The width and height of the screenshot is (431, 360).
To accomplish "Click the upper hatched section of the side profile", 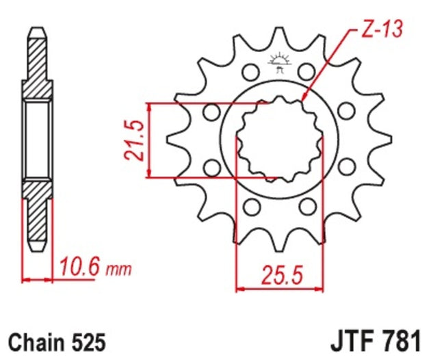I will [x=38, y=65].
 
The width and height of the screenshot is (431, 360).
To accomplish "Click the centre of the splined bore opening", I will [x=278, y=140].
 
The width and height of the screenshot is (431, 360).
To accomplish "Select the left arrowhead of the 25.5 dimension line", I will [x=238, y=289].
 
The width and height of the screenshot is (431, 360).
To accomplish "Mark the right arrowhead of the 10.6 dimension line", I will [x=51, y=280].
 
